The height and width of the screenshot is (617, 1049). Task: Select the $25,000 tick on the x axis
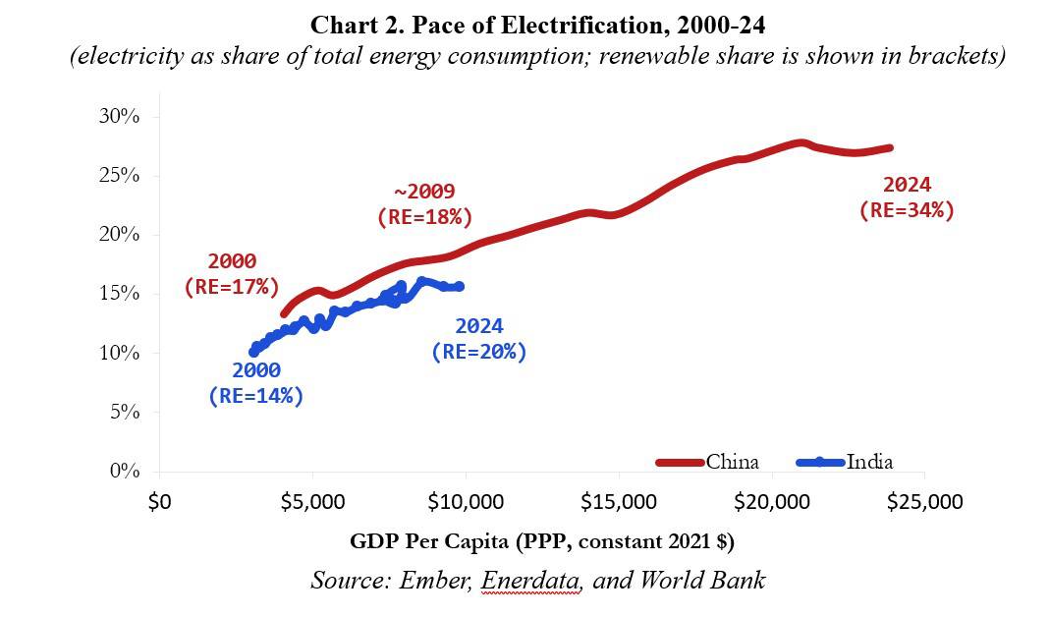[925, 502]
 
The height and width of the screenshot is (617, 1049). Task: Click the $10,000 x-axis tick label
[465, 502]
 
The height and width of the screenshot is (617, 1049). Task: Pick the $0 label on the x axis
[159, 502]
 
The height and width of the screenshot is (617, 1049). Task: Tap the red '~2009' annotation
[424, 192]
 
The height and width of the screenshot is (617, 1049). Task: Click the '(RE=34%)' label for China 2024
[907, 209]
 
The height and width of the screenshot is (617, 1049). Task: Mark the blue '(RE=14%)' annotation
[255, 396]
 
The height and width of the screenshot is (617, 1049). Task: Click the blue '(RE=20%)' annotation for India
[479, 352]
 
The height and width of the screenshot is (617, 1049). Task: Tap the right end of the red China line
[888, 147]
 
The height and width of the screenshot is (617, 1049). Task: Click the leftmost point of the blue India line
[254, 352]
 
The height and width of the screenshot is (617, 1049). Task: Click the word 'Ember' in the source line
[434, 580]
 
